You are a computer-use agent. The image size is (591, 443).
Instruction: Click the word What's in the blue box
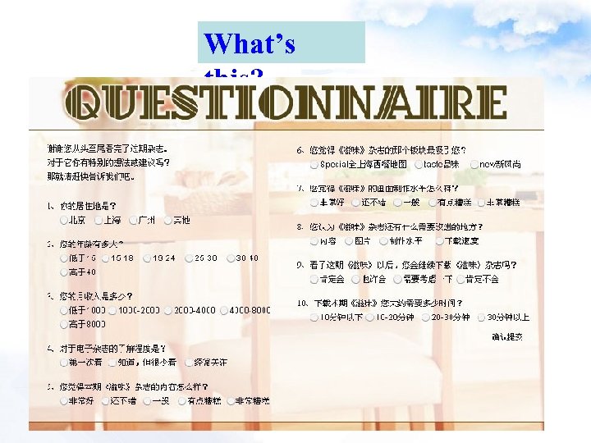pos(250,43)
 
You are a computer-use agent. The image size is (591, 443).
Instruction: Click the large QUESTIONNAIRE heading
pos(285,104)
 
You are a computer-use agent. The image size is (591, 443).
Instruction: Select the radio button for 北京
pos(64,221)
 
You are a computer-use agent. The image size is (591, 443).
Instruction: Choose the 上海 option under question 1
pos(100,221)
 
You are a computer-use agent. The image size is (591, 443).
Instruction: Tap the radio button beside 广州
pos(135,221)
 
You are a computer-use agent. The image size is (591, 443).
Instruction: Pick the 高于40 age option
pos(64,272)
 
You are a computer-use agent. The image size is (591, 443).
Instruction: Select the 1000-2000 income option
pos(112,311)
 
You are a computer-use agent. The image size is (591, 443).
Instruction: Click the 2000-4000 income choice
pos(167,311)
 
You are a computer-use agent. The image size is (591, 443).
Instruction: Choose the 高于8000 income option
pos(64,324)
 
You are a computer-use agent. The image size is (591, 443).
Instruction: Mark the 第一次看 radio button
pos(64,363)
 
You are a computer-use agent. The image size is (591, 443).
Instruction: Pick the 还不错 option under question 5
pos(106,401)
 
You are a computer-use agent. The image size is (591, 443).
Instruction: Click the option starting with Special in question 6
pos(316,164)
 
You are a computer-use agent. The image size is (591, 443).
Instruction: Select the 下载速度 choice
pos(438,241)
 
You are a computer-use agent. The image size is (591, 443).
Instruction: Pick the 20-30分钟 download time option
pos(426,317)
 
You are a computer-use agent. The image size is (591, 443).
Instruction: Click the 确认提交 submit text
pos(507,336)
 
